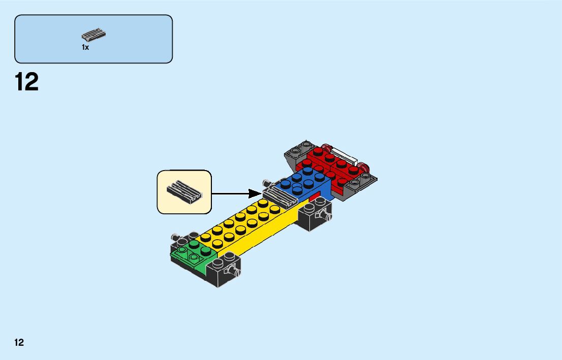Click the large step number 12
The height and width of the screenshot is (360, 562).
tap(27, 82)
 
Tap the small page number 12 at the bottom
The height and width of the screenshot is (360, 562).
tap(19, 342)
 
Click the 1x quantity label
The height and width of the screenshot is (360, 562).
tap(85, 47)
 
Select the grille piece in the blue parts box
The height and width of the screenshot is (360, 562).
tap(93, 36)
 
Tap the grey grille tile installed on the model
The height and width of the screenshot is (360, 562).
tap(280, 196)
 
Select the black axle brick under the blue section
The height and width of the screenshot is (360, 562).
tap(314, 215)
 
